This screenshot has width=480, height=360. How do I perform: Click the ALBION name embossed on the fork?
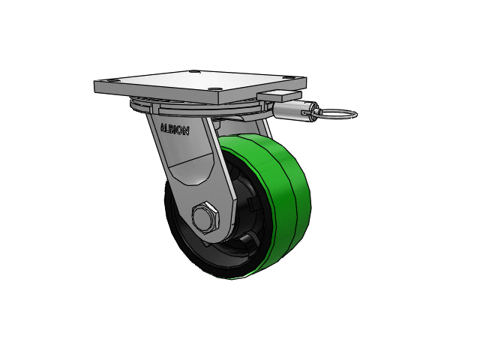175,130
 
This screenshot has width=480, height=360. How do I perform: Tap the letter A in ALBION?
163,127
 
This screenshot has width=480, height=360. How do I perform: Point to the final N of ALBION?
186,131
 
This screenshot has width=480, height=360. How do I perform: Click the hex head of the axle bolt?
205,217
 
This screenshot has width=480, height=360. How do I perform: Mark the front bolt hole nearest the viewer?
212,89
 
